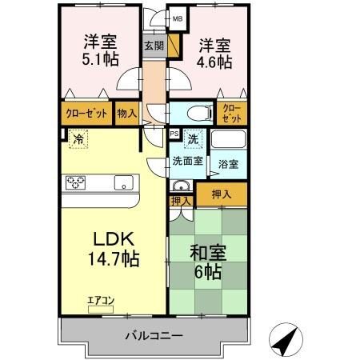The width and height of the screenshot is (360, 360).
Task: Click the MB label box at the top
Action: point(178,18)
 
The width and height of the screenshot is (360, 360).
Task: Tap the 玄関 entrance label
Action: point(154,46)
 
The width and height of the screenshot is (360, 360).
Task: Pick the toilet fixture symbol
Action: point(196,113)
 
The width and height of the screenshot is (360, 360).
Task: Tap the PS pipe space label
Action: point(175,134)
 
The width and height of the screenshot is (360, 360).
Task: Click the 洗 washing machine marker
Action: point(193,139)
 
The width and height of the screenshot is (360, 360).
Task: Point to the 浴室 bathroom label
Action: point(228,164)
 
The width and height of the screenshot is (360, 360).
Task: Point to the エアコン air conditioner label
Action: point(102,301)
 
